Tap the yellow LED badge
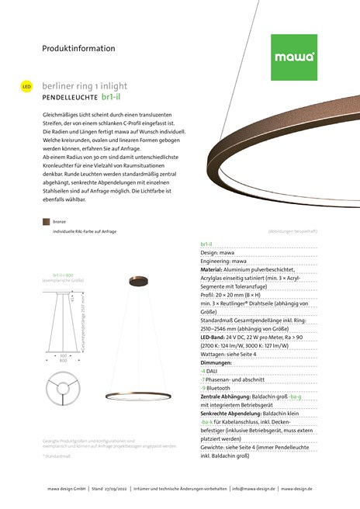tap(26, 86)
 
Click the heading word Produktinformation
tap(78, 48)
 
